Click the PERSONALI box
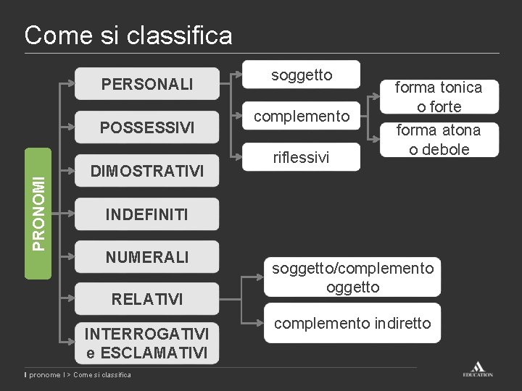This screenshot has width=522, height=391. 147,85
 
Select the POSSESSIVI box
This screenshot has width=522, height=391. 147,127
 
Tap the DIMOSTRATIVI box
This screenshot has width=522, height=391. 147,171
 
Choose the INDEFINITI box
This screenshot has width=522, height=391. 147,214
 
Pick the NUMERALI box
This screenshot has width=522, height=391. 147,256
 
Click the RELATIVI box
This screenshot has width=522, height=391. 147,299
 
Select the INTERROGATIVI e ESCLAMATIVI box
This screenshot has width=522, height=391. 147,342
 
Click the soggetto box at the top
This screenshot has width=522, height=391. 302,75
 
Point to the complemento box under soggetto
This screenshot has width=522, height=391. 302,116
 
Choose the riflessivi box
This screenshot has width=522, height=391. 302,156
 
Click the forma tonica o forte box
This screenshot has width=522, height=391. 438,96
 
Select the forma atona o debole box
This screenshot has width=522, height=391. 438,139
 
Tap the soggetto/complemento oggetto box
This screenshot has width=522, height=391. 352,277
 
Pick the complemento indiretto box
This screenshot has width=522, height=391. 352,324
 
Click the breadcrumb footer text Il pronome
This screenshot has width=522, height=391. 45,374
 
